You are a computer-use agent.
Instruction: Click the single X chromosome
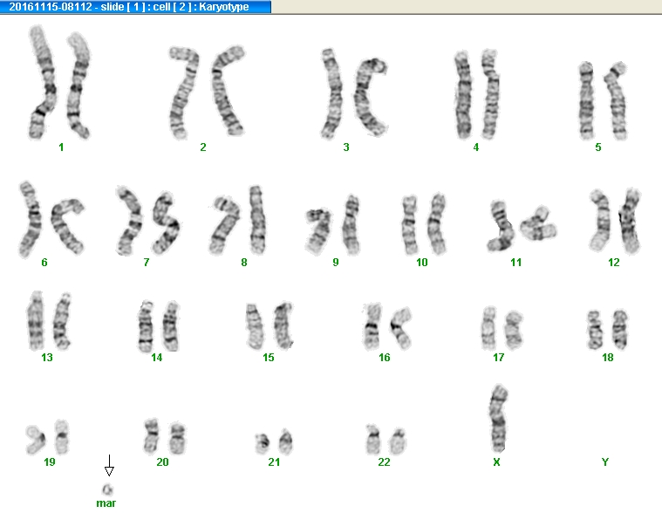[x=499, y=418]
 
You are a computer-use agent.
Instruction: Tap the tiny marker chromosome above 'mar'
[x=107, y=489]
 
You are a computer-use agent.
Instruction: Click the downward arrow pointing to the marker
[x=109, y=465]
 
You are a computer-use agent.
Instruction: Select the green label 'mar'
[x=106, y=503]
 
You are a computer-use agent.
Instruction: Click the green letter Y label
[x=605, y=462]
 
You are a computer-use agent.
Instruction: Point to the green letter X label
[x=496, y=462]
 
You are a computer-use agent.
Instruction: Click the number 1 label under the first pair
[x=61, y=147]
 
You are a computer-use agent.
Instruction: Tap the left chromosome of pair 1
[x=42, y=82]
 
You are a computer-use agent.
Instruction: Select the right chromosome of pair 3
[x=370, y=97]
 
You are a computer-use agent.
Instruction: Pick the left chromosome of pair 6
[x=31, y=219]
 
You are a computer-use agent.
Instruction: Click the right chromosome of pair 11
[x=538, y=224]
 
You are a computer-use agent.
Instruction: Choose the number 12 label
[x=614, y=263]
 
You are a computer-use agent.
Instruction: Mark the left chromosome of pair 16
[x=372, y=327]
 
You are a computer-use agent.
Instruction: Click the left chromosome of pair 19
[x=36, y=440]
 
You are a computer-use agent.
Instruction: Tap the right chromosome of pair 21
[x=285, y=441]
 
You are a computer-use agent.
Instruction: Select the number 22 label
[x=384, y=462]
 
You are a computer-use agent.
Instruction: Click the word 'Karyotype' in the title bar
[x=223, y=7]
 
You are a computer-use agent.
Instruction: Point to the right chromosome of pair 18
[x=620, y=329]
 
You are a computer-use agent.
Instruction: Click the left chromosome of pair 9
[x=317, y=231]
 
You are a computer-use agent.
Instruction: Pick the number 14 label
[x=157, y=358]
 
